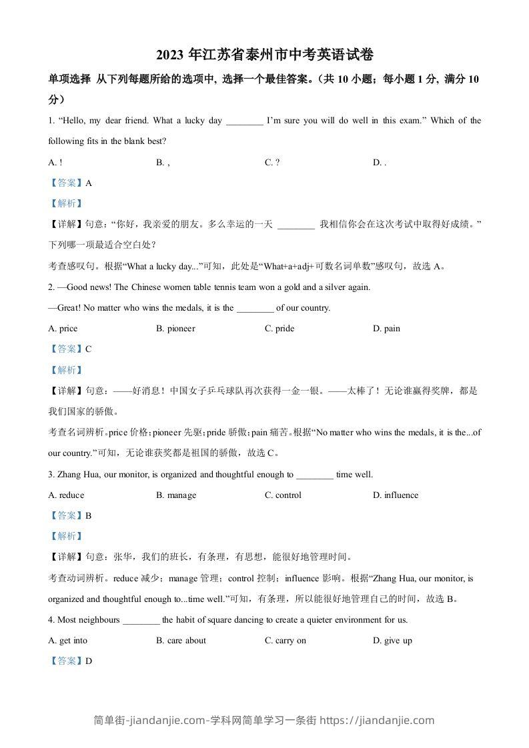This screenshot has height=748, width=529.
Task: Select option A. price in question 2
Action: (63, 329)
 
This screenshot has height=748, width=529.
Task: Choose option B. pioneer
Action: (175, 329)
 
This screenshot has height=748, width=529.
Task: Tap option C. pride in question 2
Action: (280, 329)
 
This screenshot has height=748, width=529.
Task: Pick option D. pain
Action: (387, 329)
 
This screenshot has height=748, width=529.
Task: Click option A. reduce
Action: (67, 495)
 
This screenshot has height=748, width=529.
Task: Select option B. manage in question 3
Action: (176, 495)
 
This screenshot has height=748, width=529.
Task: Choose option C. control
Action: (283, 495)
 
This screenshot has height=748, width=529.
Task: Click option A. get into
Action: (68, 641)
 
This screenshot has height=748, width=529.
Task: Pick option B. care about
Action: (181, 641)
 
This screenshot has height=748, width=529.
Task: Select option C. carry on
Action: (286, 641)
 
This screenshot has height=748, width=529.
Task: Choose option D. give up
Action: (393, 641)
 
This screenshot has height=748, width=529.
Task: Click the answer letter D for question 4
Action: (88, 661)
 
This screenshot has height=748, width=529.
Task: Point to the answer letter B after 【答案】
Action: (88, 515)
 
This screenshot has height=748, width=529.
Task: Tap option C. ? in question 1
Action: (272, 162)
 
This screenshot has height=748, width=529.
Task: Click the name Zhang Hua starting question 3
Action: (75, 475)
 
